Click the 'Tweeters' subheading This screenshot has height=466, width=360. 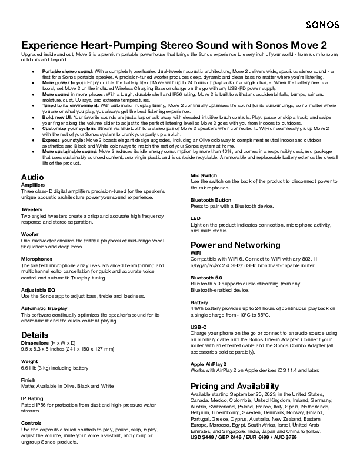click(x=33, y=209)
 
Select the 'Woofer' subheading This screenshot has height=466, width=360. click(x=30, y=234)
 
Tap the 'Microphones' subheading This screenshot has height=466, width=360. click(x=36, y=258)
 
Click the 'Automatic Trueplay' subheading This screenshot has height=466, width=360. click(x=44, y=308)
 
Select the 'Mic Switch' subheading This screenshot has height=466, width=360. click(x=204, y=175)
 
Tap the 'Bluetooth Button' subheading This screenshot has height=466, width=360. click(x=211, y=200)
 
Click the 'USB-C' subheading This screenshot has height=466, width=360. click(x=198, y=327)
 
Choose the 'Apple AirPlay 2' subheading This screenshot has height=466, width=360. click(x=209, y=364)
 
